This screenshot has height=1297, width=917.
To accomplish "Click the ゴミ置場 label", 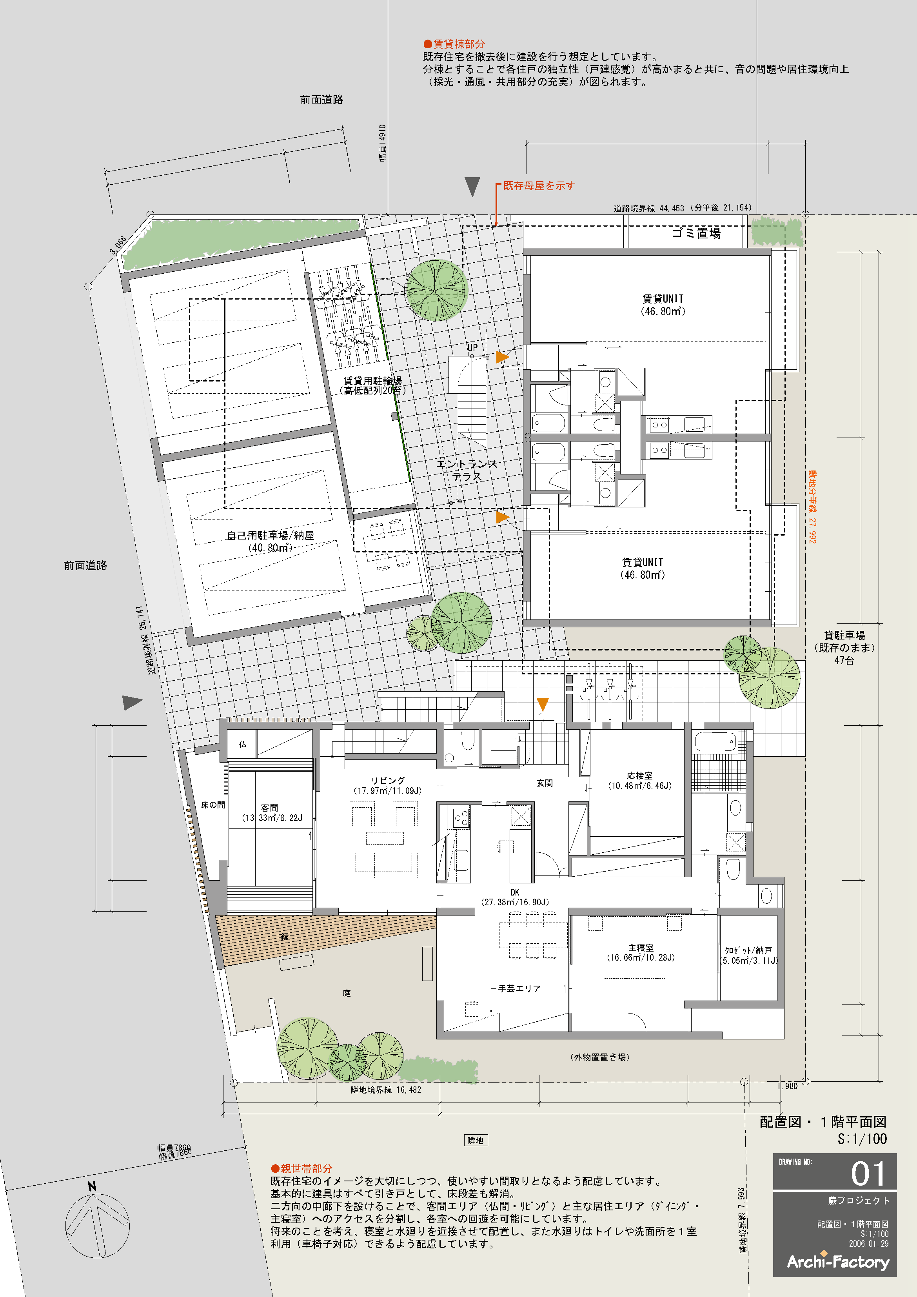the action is (696, 233).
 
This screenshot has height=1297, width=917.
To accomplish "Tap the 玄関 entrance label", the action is (545, 783).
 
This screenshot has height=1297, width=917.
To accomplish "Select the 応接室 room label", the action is (639, 776).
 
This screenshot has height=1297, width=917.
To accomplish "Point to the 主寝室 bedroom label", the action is (641, 947).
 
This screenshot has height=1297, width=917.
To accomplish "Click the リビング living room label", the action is (388, 781).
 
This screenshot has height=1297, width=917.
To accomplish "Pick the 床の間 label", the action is (213, 805).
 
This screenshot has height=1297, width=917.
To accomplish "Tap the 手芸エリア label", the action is (519, 988).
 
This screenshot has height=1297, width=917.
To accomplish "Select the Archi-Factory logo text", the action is (838, 1261).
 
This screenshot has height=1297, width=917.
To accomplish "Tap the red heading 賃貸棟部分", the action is (454, 44).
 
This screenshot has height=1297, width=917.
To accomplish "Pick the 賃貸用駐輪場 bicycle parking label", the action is (373, 380).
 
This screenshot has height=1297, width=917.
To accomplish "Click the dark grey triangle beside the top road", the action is (472, 186).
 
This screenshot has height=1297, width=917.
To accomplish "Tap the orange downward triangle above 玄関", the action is (543, 704).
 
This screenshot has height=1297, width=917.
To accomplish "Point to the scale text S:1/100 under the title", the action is (862, 1139).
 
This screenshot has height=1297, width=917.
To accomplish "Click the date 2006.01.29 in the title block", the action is (868, 1243).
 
